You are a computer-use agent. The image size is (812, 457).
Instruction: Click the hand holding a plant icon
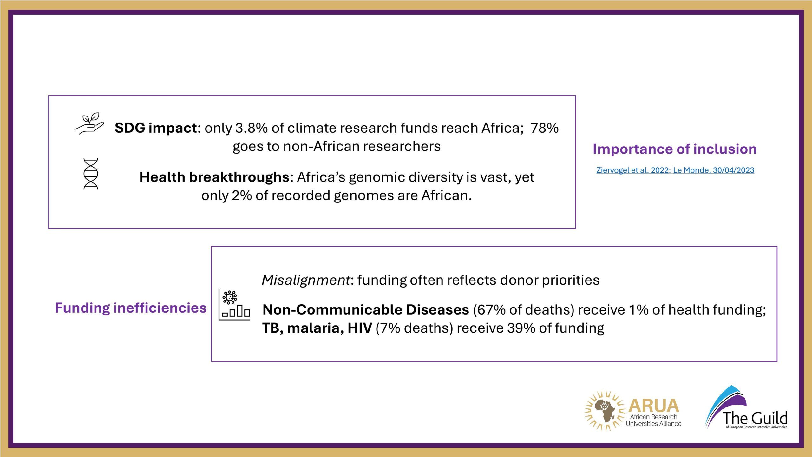coord(89,123)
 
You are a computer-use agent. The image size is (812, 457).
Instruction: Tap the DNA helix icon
coord(91,174)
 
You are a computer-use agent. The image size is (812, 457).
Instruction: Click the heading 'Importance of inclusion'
coord(675,149)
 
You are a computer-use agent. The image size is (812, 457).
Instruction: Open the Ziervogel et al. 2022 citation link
coord(675,170)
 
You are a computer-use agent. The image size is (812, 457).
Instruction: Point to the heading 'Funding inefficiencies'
coord(131,308)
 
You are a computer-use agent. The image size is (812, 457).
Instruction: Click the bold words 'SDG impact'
coord(156,128)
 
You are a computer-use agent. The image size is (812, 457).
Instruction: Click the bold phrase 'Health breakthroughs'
coord(214,177)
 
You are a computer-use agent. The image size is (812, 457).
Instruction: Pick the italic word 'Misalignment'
coord(306,280)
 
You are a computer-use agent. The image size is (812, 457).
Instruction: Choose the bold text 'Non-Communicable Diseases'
coord(366,310)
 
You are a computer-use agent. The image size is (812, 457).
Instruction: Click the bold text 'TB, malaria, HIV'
coord(317,328)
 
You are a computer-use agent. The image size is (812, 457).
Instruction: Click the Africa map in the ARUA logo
coord(605,411)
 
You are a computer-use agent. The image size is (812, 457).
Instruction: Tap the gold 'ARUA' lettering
coord(653,406)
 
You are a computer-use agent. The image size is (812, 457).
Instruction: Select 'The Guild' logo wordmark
coord(755,418)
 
